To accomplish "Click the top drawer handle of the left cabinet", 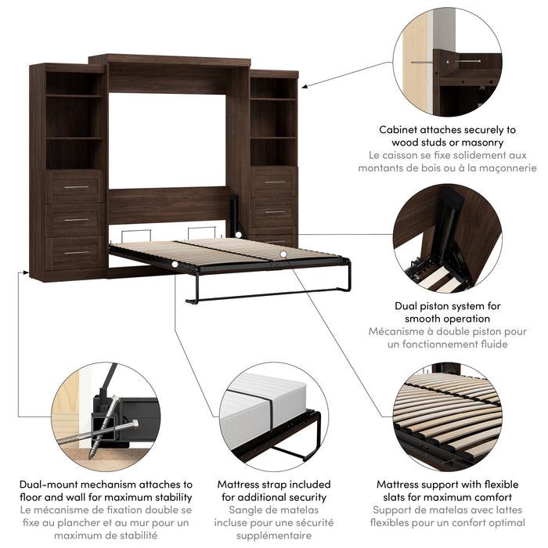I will pos(76,188).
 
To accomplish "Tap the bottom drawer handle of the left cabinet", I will pos(76,253).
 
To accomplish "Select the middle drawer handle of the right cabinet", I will pos(275,212).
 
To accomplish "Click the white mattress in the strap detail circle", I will pos(258,407).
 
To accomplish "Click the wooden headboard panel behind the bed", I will pos(168,205).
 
